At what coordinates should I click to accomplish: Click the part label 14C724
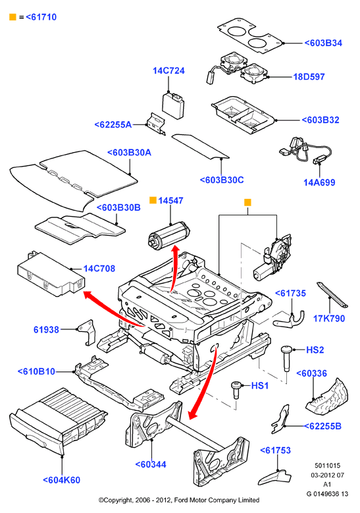tap(168, 70)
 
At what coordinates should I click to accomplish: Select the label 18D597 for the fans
tap(309, 77)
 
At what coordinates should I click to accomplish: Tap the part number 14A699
tap(319, 182)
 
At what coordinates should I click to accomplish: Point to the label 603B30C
tap(222, 180)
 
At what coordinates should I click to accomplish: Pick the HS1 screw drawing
tap(236, 390)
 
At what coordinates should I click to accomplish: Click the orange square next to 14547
tap(153, 200)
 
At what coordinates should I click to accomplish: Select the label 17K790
tap(329, 318)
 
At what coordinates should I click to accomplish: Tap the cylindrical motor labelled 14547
tap(169, 234)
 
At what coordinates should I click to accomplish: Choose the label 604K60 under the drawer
tap(61, 480)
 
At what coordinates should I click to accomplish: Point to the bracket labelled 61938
tap(87, 332)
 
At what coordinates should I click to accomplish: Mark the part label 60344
tap(151, 464)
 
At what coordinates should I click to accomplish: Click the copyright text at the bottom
tap(179, 500)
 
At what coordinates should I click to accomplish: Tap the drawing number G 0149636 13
tap(327, 494)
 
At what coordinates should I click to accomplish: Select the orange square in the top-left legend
tap(13, 17)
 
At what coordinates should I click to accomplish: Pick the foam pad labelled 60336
tap(326, 396)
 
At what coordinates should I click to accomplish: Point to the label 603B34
tap(323, 43)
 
